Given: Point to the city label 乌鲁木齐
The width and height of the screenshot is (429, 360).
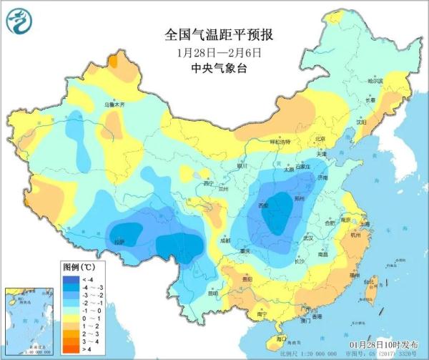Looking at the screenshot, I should (x=114, y=104).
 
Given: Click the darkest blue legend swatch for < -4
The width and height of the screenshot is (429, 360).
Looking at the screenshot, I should (x=71, y=278).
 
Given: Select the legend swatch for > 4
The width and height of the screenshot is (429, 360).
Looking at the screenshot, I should (x=71, y=349).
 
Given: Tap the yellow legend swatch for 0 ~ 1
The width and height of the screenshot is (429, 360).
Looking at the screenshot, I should (x=71, y=317).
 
